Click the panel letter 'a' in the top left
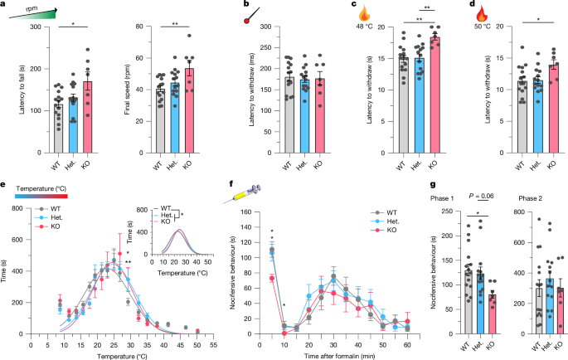4,5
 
